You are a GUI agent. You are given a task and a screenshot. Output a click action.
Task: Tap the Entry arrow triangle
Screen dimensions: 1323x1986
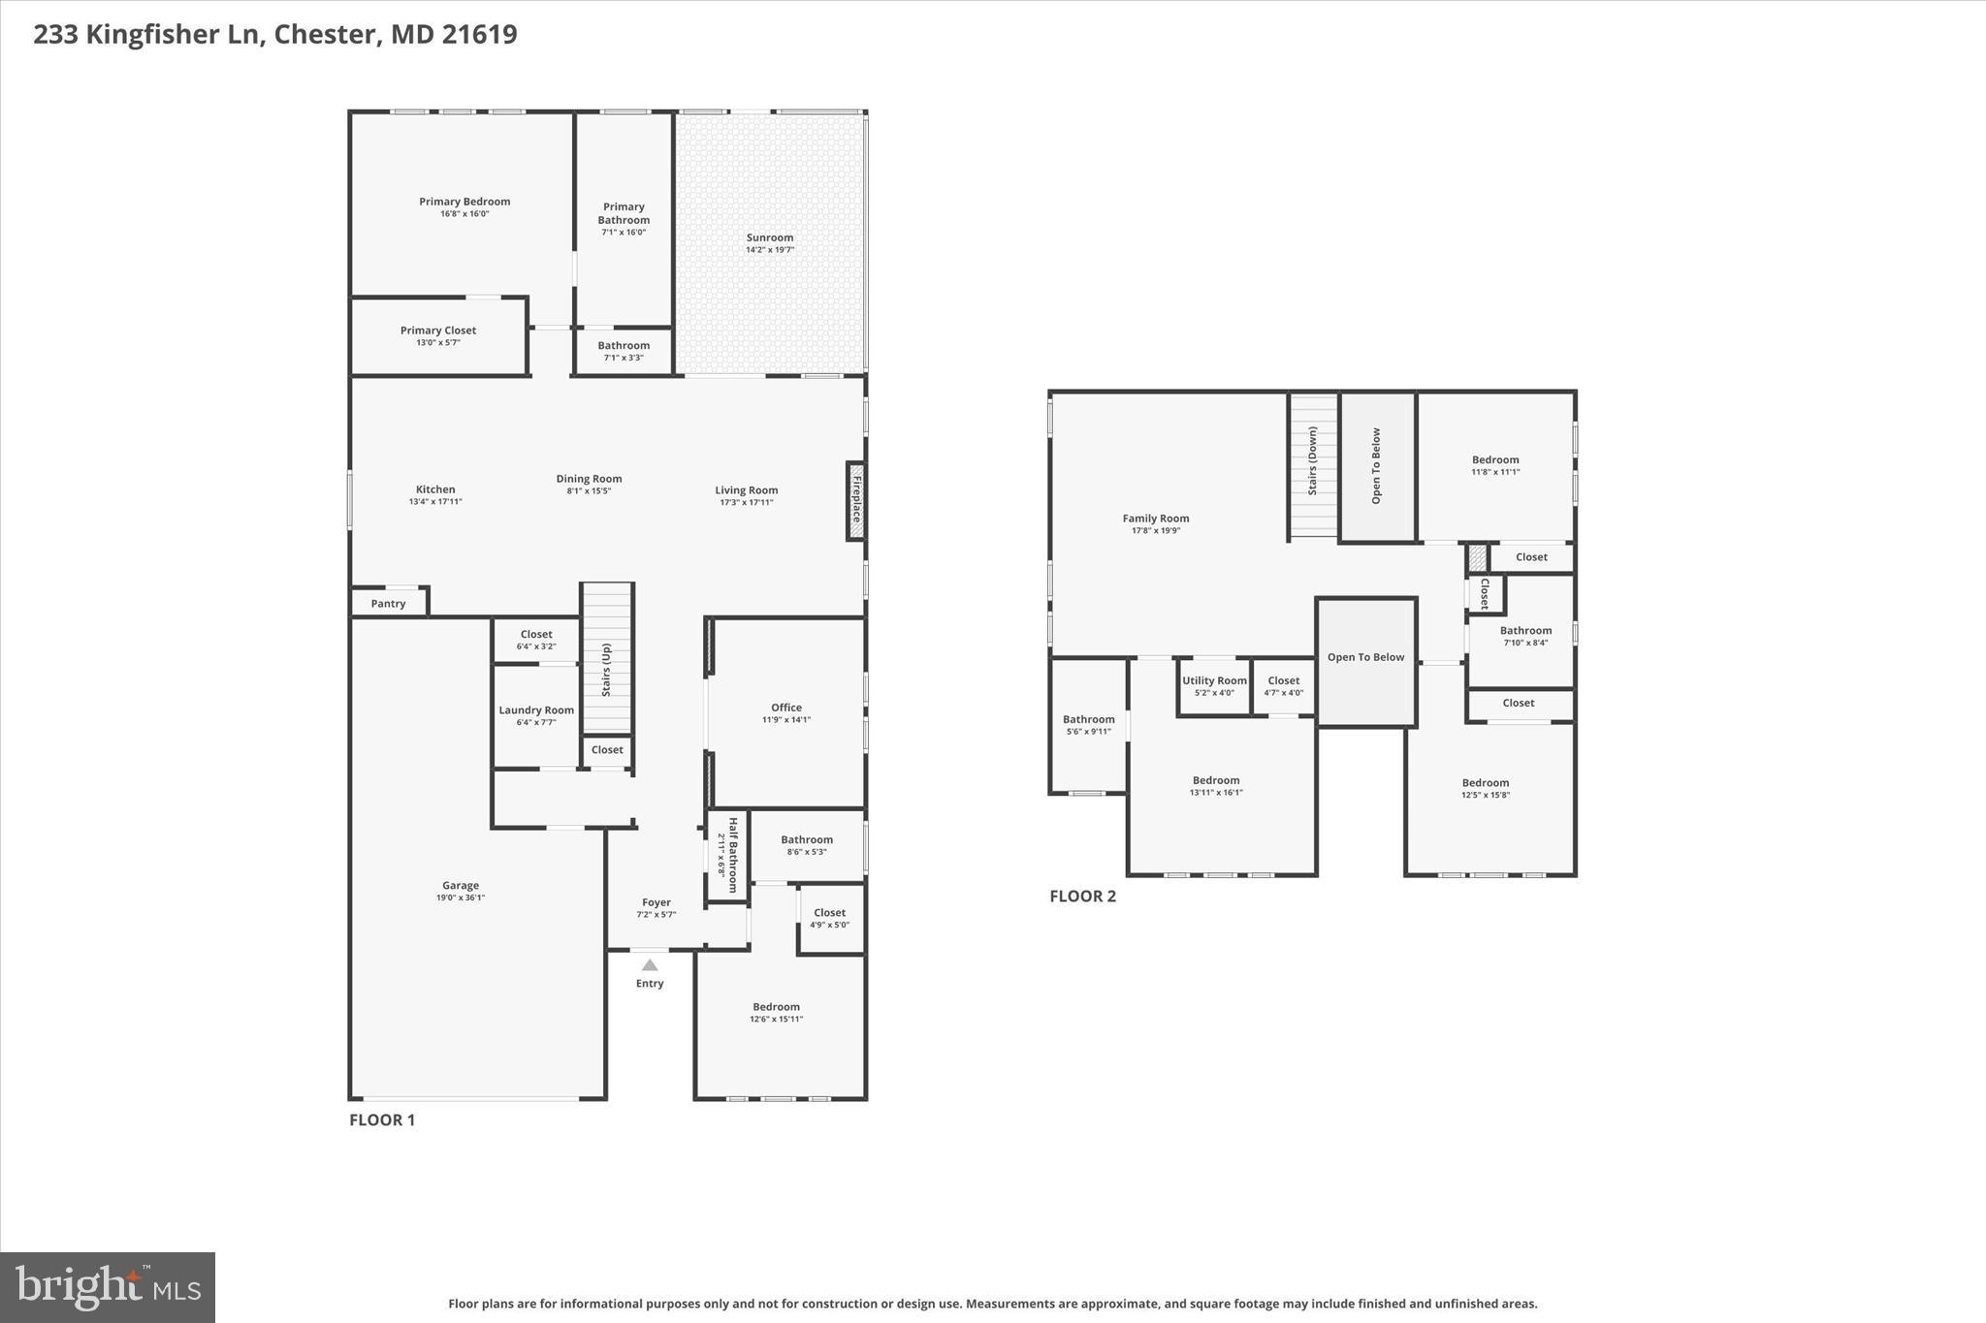[x=650, y=964]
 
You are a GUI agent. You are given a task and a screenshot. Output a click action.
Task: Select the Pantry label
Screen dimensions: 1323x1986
[x=388, y=604]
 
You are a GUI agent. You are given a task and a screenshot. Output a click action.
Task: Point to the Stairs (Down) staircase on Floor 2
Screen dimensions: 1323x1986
[x=1313, y=465]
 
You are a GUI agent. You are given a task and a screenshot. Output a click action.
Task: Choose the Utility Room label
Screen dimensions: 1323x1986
[x=1214, y=680]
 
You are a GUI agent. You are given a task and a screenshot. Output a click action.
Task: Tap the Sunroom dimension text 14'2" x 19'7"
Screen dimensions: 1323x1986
[x=770, y=250]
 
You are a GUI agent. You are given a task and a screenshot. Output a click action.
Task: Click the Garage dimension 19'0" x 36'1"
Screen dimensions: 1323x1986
[x=461, y=898]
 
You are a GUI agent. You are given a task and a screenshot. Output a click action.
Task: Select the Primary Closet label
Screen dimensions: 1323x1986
[x=438, y=331]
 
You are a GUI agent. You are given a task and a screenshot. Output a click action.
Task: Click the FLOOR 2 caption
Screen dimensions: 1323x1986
[x=1082, y=896]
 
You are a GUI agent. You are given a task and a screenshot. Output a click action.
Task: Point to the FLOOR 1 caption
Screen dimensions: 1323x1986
[x=382, y=1119]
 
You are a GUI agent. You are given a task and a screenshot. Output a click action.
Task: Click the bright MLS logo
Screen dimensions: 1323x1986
[x=108, y=1286]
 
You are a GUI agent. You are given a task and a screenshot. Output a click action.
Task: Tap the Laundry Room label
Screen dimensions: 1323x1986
[x=536, y=710]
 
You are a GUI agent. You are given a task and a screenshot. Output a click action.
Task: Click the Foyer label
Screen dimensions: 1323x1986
[x=657, y=902]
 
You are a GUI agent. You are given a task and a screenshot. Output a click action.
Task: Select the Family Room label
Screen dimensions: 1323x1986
[x=1156, y=519]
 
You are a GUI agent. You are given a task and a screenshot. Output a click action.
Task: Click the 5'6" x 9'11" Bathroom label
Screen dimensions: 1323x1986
[x=1088, y=719]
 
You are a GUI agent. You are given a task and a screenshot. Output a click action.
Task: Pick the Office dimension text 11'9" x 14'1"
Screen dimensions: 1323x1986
[x=786, y=720]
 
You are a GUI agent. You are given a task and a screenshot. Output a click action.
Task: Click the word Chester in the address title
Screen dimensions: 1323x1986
[x=325, y=34]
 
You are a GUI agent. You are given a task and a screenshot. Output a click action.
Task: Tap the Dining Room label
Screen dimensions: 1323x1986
[x=589, y=479]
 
